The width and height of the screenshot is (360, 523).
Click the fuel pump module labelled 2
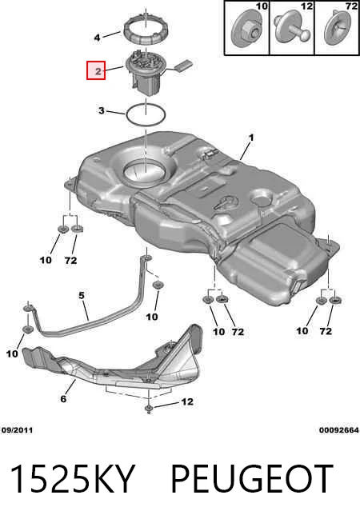coord(146,72)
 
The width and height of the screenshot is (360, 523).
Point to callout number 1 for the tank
coord(251,138)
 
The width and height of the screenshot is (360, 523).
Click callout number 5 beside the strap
coord(82,296)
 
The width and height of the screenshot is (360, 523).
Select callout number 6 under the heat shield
coord(63,398)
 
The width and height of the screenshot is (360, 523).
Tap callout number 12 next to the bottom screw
coord(187,401)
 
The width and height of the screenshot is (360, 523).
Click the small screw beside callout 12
coord(149,409)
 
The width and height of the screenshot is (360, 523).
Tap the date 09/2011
coord(17,430)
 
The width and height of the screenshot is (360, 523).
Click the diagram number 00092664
coord(339,430)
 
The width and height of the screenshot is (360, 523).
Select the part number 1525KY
coord(73,479)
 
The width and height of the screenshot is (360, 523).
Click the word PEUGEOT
coord(252,479)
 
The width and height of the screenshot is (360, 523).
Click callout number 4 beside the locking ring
coord(97,38)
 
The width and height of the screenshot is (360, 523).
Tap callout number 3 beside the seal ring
coord(102,110)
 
